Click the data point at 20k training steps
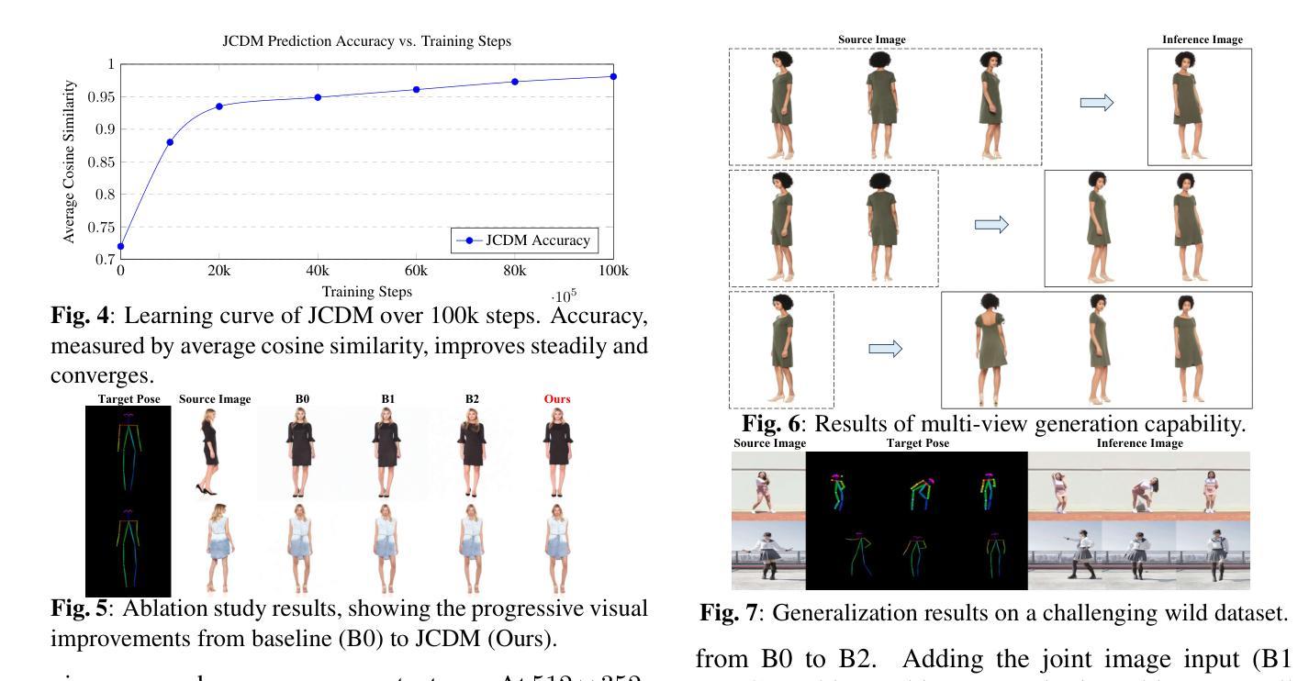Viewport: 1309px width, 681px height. pyautogui.click(x=219, y=106)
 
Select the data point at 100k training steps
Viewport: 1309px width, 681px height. pyautogui.click(x=613, y=76)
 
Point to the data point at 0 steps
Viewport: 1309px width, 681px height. pyautogui.click(x=120, y=246)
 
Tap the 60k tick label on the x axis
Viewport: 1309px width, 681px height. pyautogui.click(x=416, y=272)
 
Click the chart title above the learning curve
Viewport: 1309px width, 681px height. pyautogui.click(x=367, y=41)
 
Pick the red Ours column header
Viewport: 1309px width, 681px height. pyautogui.click(x=557, y=399)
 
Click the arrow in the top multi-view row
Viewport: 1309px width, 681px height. pyautogui.click(x=1096, y=103)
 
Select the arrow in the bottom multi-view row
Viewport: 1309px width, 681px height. pyautogui.click(x=886, y=348)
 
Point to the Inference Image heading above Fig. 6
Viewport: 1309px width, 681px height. pyautogui.click(x=1202, y=40)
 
